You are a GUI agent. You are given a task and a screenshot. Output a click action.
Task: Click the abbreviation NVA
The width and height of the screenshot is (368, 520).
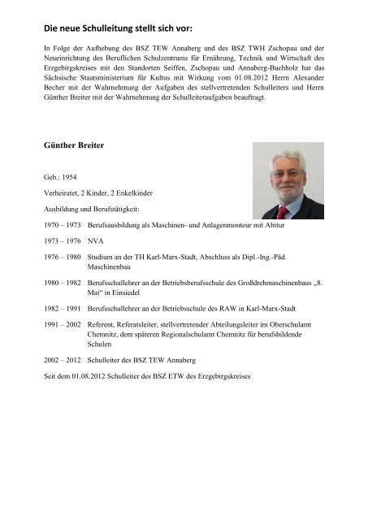click(97, 241)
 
